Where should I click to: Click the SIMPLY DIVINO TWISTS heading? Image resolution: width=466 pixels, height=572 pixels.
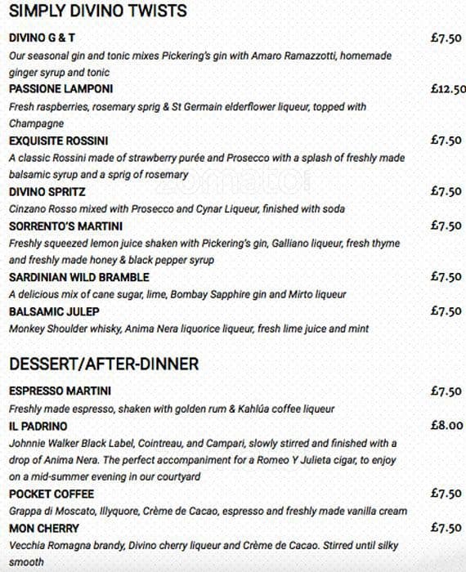pos(97,11)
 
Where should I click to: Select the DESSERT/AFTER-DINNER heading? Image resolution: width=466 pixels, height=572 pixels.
pos(104,364)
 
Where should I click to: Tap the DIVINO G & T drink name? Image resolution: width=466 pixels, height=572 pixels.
pos(48,38)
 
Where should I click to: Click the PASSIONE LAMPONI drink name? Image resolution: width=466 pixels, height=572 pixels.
pos(61,89)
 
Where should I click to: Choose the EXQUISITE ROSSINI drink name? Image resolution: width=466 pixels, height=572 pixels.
pos(58,141)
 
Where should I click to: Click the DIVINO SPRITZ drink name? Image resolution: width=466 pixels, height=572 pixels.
pos(47,191)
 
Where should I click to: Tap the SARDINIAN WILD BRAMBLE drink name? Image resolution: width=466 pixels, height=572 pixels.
pos(78,277)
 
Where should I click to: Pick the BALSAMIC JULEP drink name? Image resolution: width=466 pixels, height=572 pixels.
pos(54,311)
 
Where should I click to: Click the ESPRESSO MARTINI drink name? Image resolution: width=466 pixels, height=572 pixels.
pos(60,391)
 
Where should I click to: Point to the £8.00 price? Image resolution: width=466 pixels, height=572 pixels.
pos(446,426)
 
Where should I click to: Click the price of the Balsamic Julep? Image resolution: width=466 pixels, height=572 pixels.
pos(446,311)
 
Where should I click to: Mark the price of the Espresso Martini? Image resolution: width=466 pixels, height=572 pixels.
pos(446,391)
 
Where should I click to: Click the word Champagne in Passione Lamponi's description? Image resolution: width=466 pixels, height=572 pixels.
pos(37,123)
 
